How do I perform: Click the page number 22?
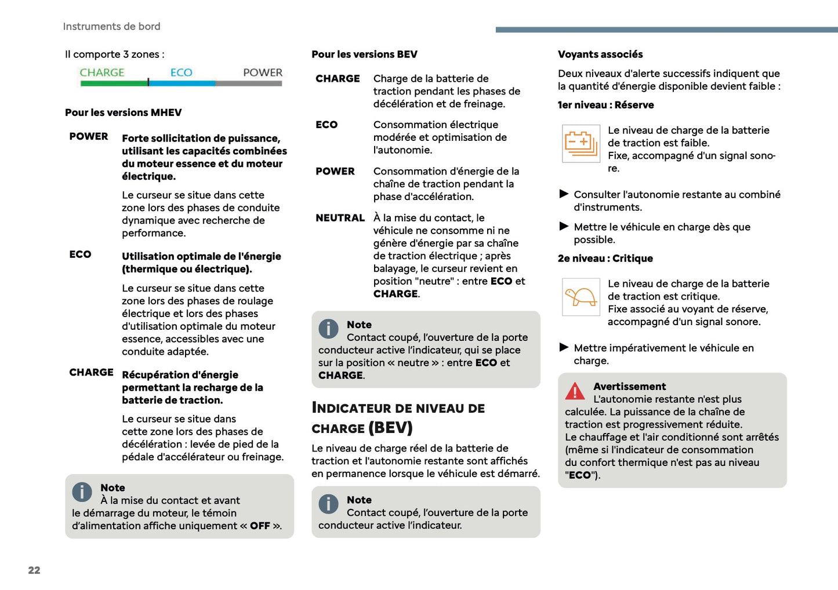(x=34, y=570)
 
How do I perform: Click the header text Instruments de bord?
(x=111, y=27)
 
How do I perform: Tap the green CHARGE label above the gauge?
(x=102, y=72)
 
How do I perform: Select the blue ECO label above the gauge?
(x=181, y=72)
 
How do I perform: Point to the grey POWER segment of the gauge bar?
(x=248, y=83)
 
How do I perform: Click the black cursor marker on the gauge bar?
(x=148, y=83)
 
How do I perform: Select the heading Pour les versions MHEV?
(x=123, y=112)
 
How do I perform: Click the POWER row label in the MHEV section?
(x=89, y=137)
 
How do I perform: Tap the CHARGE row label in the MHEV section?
(x=91, y=373)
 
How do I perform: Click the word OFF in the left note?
(x=260, y=526)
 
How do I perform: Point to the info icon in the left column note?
(x=82, y=492)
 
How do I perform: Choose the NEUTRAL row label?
(x=340, y=218)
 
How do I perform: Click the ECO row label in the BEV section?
(x=327, y=125)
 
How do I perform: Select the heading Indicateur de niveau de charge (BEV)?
(x=398, y=418)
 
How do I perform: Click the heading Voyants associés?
(x=600, y=54)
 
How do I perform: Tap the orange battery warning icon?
(x=581, y=143)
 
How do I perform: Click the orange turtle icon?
(x=581, y=297)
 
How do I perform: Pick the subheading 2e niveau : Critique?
(x=605, y=258)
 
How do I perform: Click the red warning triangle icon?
(x=575, y=392)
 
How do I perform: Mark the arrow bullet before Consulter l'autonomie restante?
(x=564, y=194)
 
